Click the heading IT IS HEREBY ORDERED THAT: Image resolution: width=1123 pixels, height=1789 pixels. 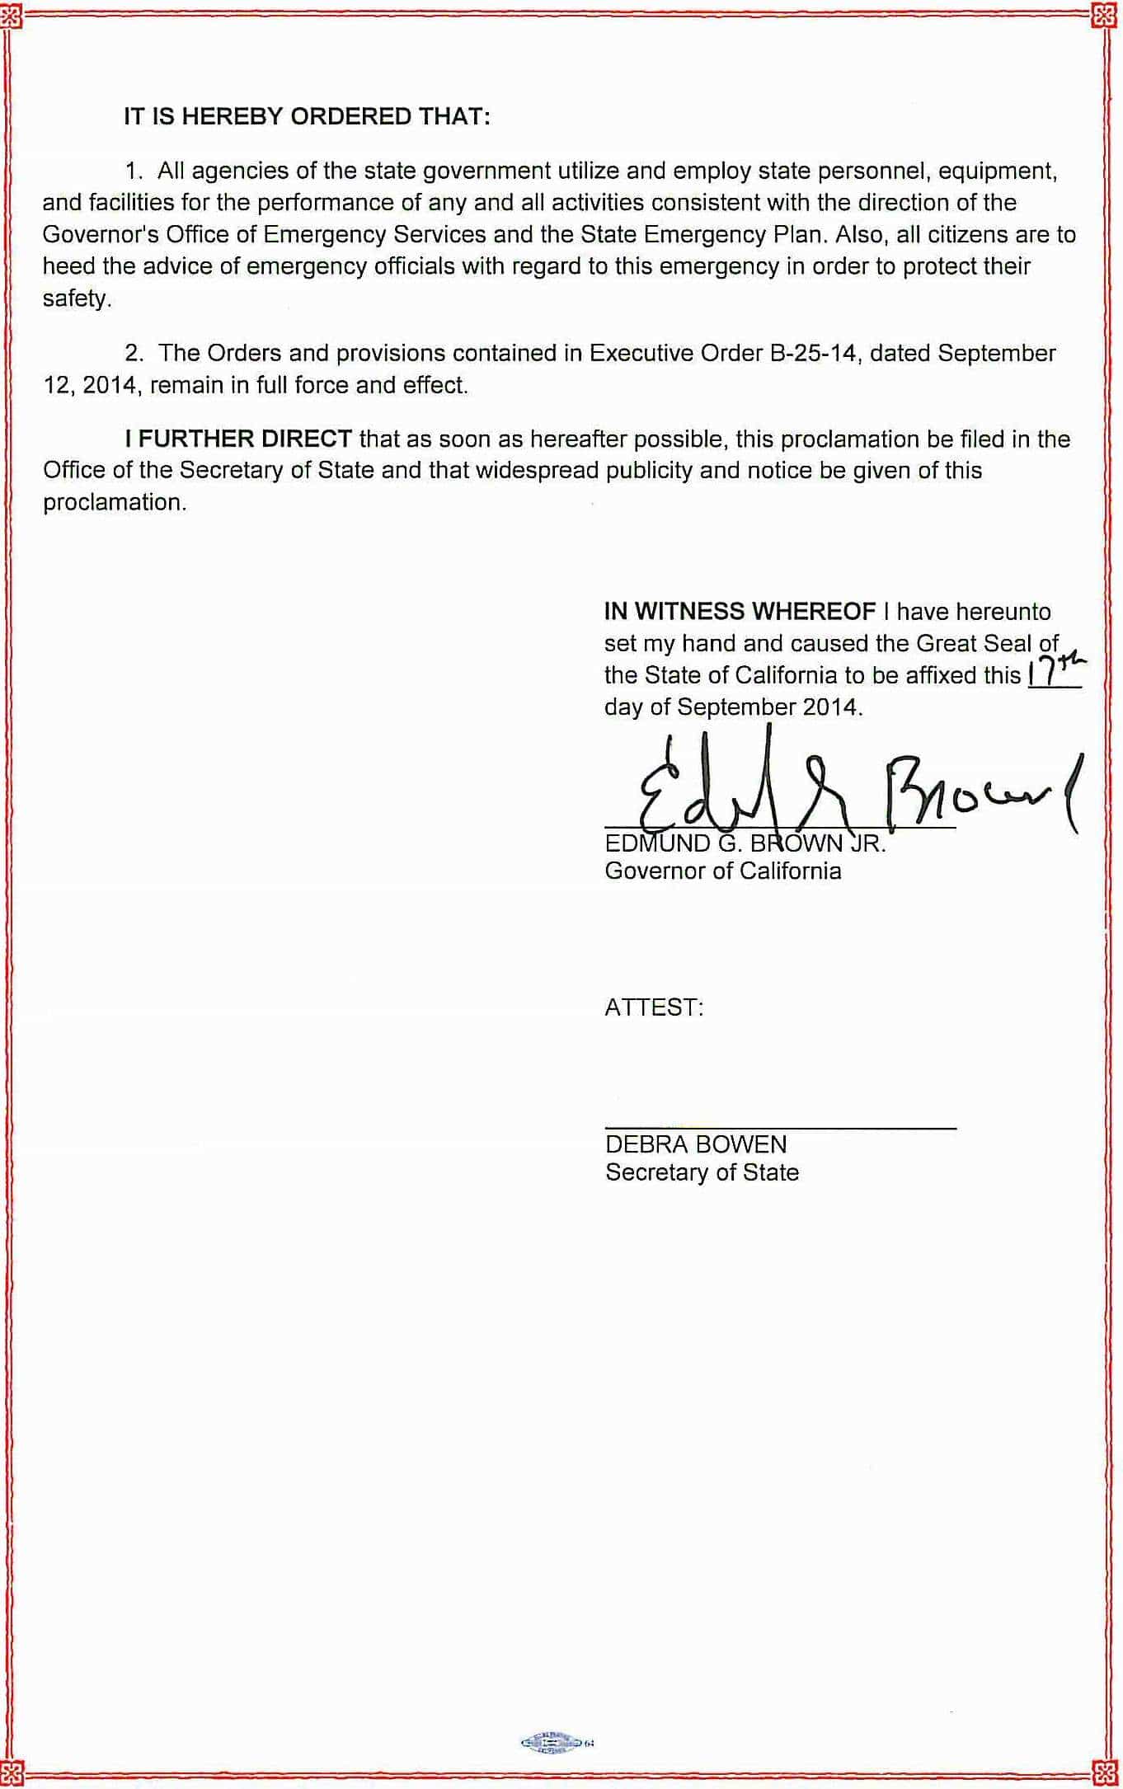coord(307,117)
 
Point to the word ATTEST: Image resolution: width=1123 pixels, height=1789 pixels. coord(654,1007)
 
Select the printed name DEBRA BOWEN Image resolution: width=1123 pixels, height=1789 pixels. coord(696,1144)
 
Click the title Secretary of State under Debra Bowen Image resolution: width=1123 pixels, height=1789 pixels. coord(702,1172)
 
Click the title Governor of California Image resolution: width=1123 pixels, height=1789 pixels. coord(723,871)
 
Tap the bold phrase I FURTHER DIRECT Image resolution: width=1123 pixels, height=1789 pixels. coord(238,439)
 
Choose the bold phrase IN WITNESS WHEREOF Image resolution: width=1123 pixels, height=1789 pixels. coord(740,612)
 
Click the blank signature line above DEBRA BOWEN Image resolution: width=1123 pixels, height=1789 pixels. coord(780,1127)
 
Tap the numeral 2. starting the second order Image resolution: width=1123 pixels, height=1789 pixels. coord(134,354)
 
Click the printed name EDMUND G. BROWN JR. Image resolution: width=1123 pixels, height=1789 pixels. coord(745,844)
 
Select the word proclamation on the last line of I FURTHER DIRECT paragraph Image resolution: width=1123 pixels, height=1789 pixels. coord(114,503)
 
